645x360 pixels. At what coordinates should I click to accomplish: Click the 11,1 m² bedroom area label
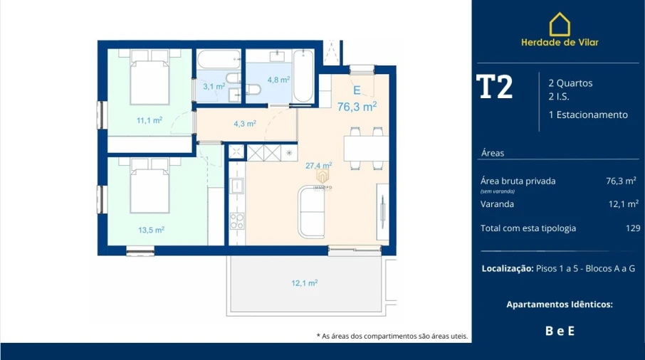click(150, 120)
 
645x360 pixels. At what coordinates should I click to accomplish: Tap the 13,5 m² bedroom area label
click(151, 230)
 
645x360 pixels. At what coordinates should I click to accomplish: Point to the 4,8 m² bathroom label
click(278, 80)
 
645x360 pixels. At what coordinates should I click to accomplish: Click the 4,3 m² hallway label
click(244, 123)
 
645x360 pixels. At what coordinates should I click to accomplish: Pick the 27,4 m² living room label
click(319, 165)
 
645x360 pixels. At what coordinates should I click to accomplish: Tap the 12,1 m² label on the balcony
click(304, 282)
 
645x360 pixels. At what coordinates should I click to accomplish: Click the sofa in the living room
click(311, 211)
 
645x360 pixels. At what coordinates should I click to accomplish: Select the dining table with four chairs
click(366, 148)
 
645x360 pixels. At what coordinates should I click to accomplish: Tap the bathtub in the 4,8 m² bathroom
click(303, 76)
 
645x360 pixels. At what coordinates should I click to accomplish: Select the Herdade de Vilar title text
click(560, 42)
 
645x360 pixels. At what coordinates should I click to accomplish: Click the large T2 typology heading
click(494, 87)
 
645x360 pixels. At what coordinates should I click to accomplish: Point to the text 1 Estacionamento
click(588, 115)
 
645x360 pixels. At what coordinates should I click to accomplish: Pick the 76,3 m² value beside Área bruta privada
click(621, 181)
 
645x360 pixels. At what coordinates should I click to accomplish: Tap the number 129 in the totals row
click(632, 228)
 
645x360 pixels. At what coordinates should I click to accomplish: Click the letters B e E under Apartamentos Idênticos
click(560, 330)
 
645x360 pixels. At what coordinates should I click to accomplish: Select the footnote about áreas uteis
click(392, 336)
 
